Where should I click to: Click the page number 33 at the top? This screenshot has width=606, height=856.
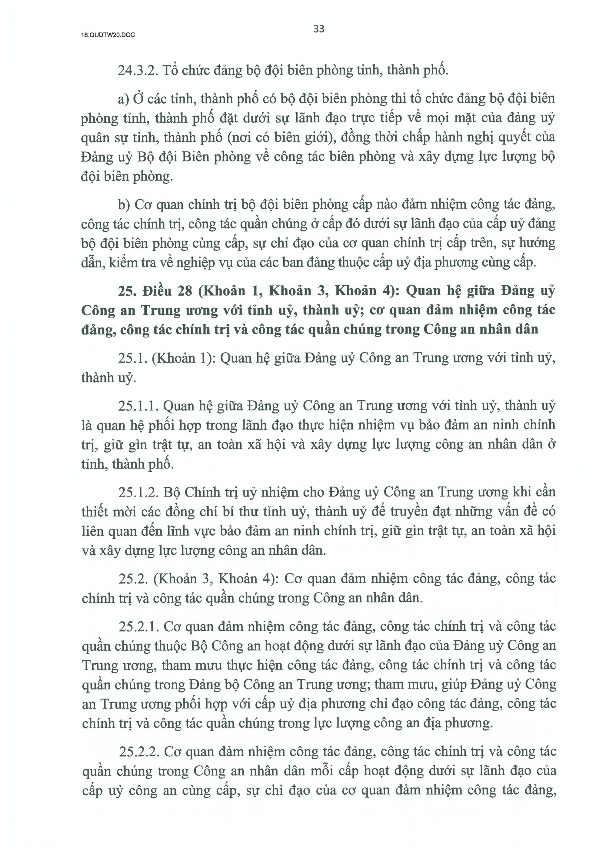[319, 29]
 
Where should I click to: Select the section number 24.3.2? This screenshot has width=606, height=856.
[138, 70]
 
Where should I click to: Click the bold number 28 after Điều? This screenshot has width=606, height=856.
[184, 290]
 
